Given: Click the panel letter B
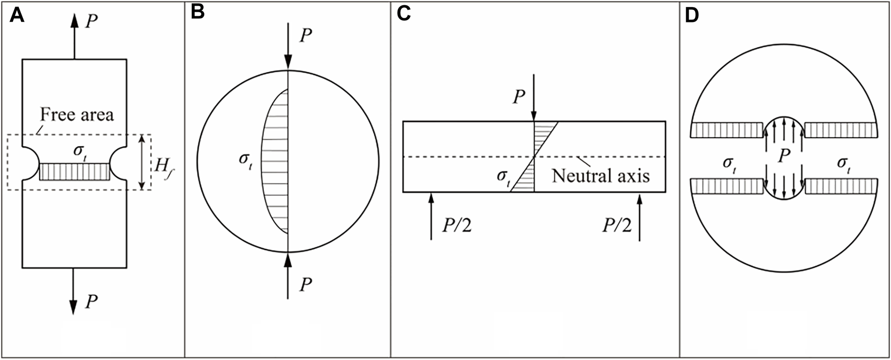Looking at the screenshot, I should (198, 13).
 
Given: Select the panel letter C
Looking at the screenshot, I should (404, 13).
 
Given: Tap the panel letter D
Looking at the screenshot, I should (692, 16).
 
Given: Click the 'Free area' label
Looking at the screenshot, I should (77, 115).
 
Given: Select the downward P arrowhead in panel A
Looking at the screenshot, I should (74, 306).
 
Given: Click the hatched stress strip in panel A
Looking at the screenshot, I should (74, 172).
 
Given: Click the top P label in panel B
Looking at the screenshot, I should (305, 36).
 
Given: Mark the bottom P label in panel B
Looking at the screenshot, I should (305, 285).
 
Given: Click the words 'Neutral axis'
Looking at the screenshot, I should (600, 176).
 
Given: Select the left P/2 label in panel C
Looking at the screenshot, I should (456, 225).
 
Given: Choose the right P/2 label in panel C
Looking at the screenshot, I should (617, 225).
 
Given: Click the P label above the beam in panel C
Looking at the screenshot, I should (518, 97).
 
